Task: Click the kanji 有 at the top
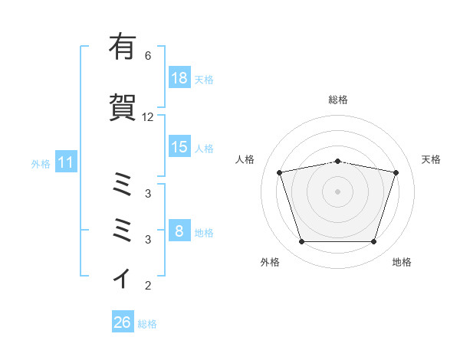pyautogui.click(x=123, y=46)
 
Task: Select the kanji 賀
pyautogui.click(x=123, y=107)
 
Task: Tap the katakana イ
pyautogui.click(x=122, y=278)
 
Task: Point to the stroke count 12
pyautogui.click(x=147, y=117)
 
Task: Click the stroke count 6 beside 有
pyautogui.click(x=148, y=56)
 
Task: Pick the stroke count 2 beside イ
pyautogui.click(x=148, y=286)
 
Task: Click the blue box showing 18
pyautogui.click(x=180, y=77)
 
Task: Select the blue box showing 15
pyautogui.click(x=180, y=146)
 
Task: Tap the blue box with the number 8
pyautogui.click(x=180, y=230)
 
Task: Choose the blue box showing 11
pyautogui.click(x=66, y=162)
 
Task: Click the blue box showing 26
pyautogui.click(x=123, y=321)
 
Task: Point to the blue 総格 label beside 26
pyautogui.click(x=147, y=324)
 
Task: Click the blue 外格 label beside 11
pyautogui.click(x=41, y=164)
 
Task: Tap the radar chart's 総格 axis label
pyautogui.click(x=338, y=100)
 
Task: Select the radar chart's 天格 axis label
pyautogui.click(x=431, y=159)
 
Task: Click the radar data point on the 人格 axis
pyautogui.click(x=280, y=172)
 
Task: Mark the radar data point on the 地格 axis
pyautogui.click(x=374, y=242)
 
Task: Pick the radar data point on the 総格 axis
pyautogui.click(x=338, y=162)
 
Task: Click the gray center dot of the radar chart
pyautogui.click(x=337, y=191)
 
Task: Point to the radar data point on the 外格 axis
pyautogui.click(x=302, y=242)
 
